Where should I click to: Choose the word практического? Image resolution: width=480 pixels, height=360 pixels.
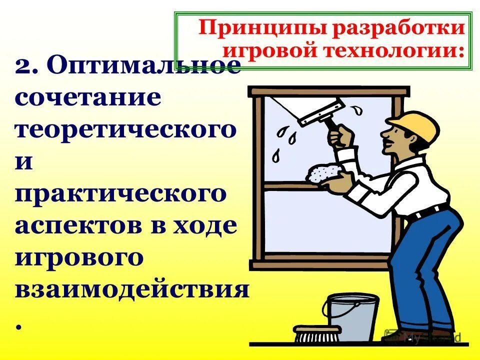pos(120,194)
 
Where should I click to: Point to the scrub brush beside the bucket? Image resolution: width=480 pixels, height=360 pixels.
pos(317,334)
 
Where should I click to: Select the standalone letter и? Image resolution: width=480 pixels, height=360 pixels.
pos(24,162)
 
